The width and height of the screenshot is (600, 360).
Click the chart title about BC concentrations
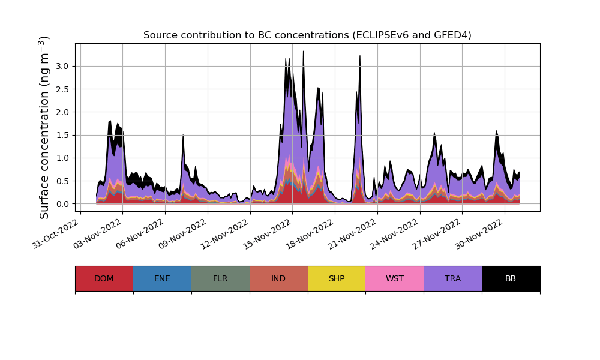point(307,35)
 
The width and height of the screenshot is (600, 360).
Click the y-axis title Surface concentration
point(44,127)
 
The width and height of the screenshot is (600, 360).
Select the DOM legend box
point(104,278)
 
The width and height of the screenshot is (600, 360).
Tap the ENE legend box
point(162,278)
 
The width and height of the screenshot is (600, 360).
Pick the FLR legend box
point(220,278)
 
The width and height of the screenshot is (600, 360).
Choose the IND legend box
point(278,278)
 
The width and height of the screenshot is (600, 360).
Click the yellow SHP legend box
point(337,278)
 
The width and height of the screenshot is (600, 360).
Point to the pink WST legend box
point(395,278)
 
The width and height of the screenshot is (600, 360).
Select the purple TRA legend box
point(453,278)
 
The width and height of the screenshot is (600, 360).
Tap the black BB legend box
point(511,278)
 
